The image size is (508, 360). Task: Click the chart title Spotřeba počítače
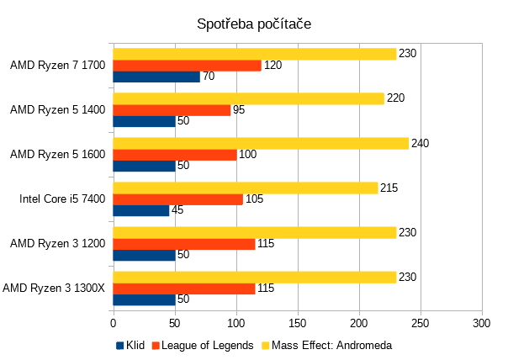click(254, 24)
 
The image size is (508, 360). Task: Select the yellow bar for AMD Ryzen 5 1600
click(260, 143)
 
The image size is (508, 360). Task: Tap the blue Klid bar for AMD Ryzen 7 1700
click(156, 77)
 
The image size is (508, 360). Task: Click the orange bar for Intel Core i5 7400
click(177, 199)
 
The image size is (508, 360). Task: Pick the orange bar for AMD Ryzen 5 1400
click(172, 110)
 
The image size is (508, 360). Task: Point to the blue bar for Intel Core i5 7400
click(140, 210)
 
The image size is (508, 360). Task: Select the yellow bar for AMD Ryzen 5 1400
click(248, 98)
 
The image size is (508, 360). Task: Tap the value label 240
click(421, 143)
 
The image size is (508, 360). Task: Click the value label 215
click(389, 188)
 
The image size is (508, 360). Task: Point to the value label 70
click(209, 77)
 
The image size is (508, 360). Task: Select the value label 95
click(239, 110)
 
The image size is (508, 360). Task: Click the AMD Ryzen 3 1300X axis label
click(54, 289)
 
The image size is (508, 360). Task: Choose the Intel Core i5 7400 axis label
click(63, 199)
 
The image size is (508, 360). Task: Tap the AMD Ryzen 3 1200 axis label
click(57, 244)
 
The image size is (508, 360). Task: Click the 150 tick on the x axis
click(298, 322)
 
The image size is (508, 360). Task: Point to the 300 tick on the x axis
click(482, 322)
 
